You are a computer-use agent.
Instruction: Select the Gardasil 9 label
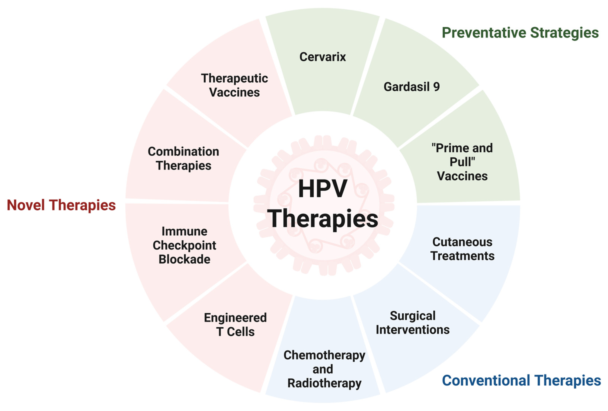pos(411,87)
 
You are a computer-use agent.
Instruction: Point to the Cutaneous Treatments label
pos(462,249)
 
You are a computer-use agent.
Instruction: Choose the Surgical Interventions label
pos(413,322)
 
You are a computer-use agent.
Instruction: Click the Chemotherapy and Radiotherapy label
pos(324,369)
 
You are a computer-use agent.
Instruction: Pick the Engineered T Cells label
pos(235,325)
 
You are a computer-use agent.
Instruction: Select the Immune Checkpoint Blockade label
pos(184,245)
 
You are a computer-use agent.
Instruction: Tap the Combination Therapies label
pos(183,158)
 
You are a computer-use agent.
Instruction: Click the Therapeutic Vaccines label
pos(234,85)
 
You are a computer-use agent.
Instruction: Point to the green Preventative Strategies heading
pos(520,33)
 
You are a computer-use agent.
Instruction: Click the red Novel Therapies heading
pos(61,205)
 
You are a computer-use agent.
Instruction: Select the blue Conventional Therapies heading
pos(521,380)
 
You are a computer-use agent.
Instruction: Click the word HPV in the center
pos(323,189)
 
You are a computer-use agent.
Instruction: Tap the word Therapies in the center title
pos(323,218)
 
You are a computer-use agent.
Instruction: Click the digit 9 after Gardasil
pos(436,87)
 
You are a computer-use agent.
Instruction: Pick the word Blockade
pos(184,259)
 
